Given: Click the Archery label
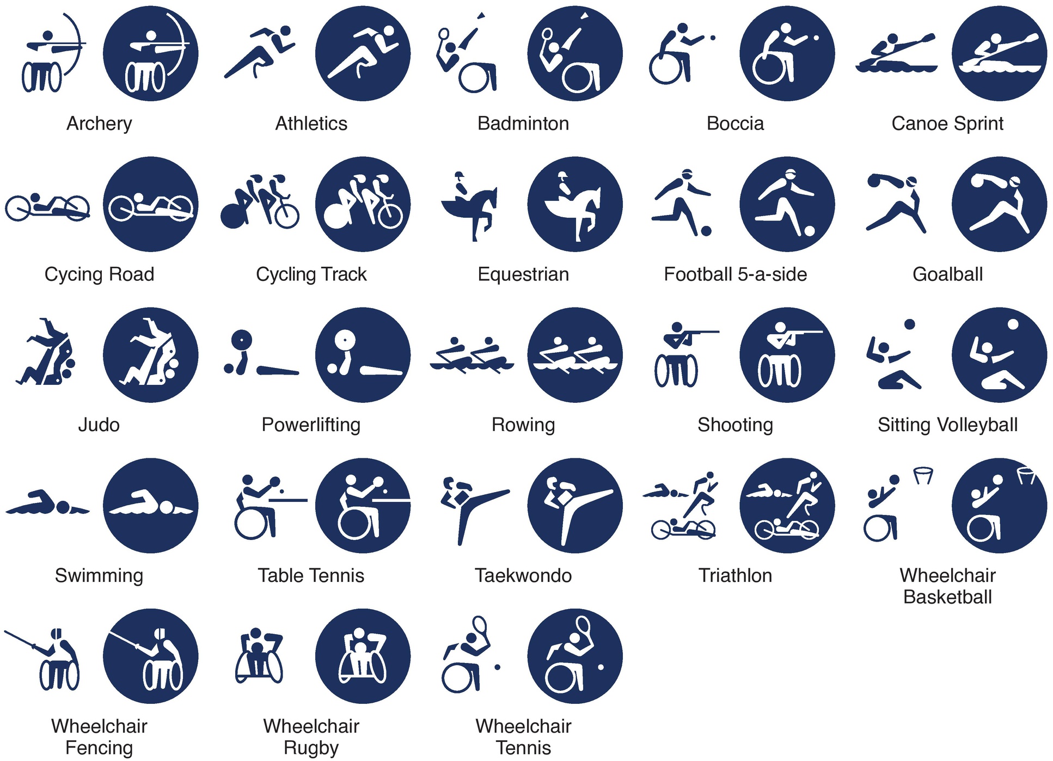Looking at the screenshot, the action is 99,124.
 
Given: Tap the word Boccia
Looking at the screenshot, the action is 735,124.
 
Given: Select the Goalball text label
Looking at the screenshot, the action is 947,274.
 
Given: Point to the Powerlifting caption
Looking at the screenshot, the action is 311,425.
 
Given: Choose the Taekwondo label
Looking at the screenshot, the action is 523,575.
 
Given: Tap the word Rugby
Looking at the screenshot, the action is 311,748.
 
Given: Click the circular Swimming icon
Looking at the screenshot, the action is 151,506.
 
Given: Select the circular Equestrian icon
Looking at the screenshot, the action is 575,204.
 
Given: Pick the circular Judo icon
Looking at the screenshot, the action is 151,355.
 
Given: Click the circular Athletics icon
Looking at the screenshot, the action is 363,53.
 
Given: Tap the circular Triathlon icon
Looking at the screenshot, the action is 787,506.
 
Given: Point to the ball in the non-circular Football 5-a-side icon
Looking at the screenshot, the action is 706,231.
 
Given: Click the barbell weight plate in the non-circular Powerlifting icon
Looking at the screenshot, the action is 241,340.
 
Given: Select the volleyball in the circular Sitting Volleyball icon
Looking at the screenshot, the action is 1013,324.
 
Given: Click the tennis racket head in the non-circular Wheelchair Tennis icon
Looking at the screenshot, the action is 480,624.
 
